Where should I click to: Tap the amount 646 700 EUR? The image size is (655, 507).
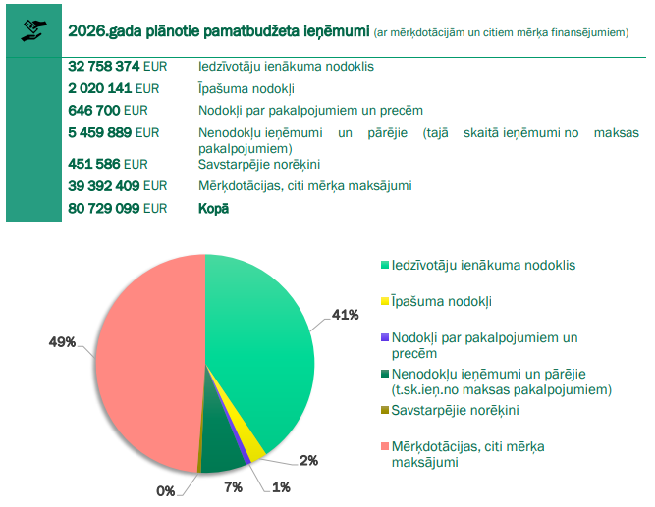tap(108, 110)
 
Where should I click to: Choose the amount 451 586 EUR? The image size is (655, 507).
tap(108, 164)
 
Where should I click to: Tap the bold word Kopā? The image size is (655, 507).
tap(213, 208)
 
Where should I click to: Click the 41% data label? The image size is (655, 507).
tap(345, 315)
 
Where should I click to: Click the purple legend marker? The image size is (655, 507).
tap(385, 337)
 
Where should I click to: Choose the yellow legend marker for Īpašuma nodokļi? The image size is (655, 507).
tap(385, 301)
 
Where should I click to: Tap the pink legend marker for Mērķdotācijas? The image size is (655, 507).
tap(385, 446)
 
